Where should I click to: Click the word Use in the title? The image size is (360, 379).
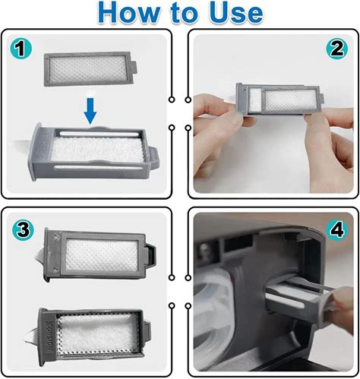(x=236, y=12)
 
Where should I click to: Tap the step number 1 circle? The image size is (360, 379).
(x=21, y=49)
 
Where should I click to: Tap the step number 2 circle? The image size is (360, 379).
(x=337, y=49)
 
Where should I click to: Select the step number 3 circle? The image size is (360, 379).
(x=23, y=229)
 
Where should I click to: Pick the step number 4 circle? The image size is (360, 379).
(x=336, y=229)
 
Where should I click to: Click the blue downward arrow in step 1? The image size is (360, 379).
(x=90, y=111)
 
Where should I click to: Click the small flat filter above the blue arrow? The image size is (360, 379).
(x=90, y=69)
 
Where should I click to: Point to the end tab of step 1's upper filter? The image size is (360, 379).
(x=134, y=68)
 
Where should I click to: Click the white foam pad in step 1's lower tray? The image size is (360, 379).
(x=97, y=150)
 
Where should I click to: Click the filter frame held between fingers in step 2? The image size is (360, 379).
(x=279, y=99)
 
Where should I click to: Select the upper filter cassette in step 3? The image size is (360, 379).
(x=100, y=254)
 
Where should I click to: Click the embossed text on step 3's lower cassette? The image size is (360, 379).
(x=49, y=336)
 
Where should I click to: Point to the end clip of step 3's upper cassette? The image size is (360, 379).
(x=151, y=256)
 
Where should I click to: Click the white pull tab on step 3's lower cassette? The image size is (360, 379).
(x=32, y=336)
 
